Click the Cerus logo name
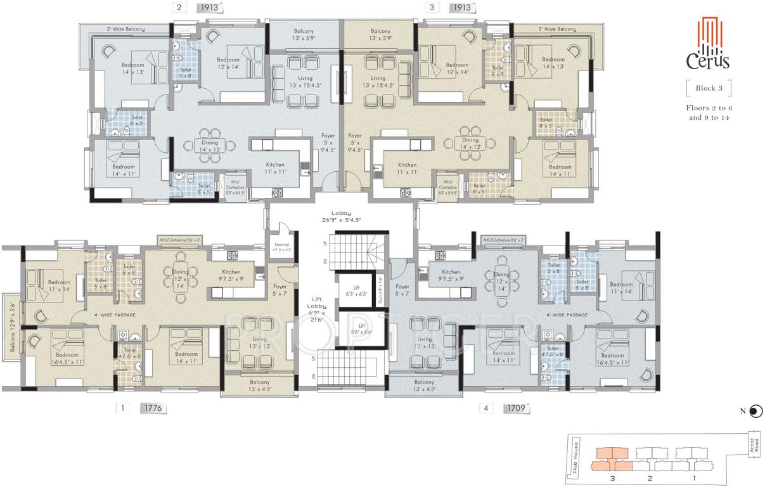click(x=708, y=62)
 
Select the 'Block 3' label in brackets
click(x=708, y=88)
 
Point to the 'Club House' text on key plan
click(x=576, y=457)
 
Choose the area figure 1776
click(x=153, y=408)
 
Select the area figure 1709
click(x=516, y=408)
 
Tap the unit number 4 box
click(x=485, y=408)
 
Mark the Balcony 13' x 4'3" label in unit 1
click(x=259, y=386)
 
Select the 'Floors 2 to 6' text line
click(x=708, y=108)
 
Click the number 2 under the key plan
click(x=649, y=477)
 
